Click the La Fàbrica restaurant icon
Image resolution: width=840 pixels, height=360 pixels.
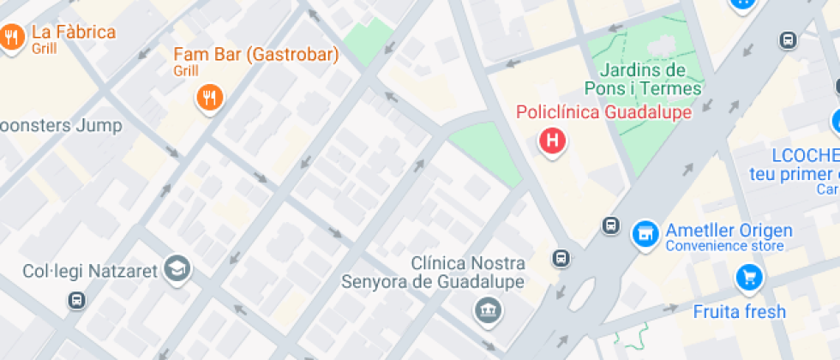[12, 37]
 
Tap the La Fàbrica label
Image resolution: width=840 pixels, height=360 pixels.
[73, 33]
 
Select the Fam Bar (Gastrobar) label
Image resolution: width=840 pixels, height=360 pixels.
[255, 55]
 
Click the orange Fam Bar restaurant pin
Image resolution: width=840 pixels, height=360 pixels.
[209, 97]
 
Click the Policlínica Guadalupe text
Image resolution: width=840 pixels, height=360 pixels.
[603, 112]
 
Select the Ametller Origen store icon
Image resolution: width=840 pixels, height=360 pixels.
[645, 232]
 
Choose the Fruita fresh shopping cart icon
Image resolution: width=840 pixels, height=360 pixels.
[748, 276]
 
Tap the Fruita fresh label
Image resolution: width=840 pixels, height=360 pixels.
[739, 311]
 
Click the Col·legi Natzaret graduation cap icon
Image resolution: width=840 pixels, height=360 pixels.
[178, 269]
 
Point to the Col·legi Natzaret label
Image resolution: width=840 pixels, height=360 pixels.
[90, 271]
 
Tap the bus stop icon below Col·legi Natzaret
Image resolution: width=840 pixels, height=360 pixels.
[77, 300]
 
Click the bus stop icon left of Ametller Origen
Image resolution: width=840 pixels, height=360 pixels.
[610, 225]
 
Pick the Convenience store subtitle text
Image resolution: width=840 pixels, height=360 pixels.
[724, 247]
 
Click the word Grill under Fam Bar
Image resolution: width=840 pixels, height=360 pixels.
[185, 70]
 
